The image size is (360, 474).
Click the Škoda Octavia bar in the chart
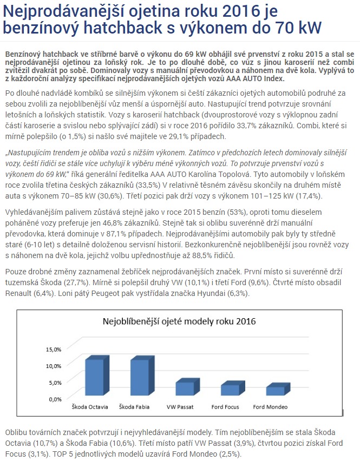[94, 378]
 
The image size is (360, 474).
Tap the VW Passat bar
[184, 389]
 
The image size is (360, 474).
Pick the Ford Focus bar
[230, 390]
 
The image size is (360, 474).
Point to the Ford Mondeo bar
[275, 391]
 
